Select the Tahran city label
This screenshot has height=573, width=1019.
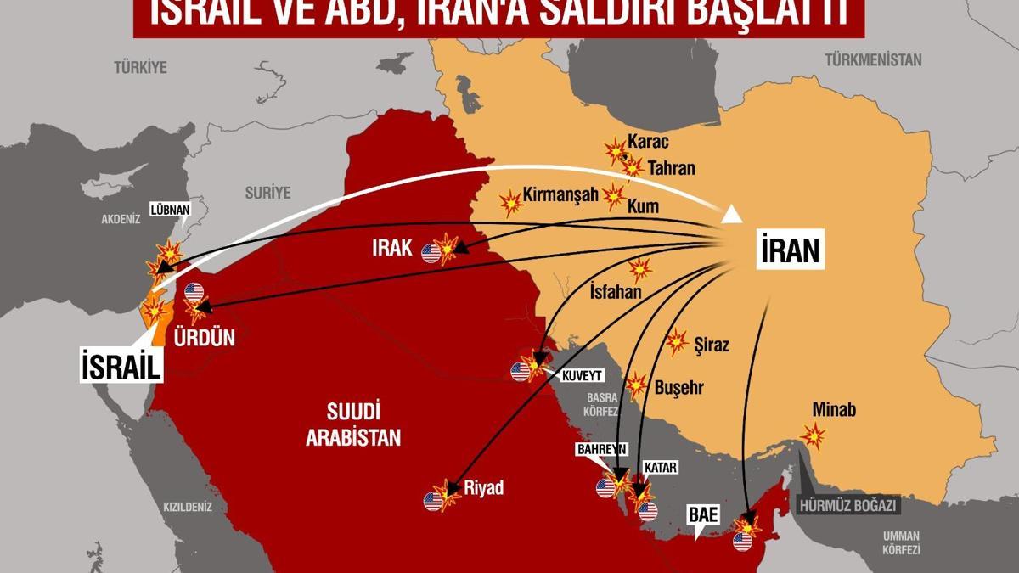click(x=672, y=168)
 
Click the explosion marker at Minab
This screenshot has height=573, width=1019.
click(x=814, y=436)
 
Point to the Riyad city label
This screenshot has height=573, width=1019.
click(x=484, y=488)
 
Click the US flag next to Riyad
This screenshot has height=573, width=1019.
click(x=433, y=501)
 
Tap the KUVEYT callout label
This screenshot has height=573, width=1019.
click(x=582, y=374)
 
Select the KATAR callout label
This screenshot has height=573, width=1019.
click(x=659, y=467)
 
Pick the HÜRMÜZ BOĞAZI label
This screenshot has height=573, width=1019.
click(x=848, y=505)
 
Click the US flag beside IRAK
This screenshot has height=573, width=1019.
click(x=431, y=252)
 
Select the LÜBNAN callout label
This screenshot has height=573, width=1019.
click(x=168, y=208)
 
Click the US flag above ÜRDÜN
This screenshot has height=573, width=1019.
click(x=194, y=292)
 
